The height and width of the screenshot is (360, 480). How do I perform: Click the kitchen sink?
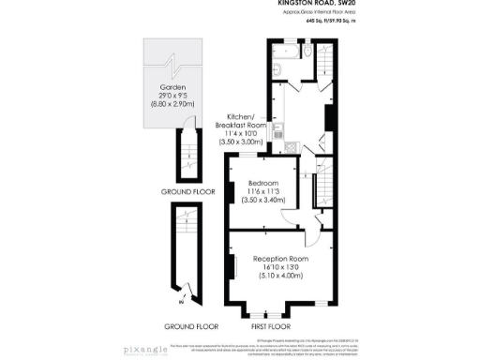(278, 134)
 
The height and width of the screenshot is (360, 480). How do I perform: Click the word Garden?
(172, 87)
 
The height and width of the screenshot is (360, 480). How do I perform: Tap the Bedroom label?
(263, 182)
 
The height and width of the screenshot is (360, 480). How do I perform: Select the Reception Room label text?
(280, 258)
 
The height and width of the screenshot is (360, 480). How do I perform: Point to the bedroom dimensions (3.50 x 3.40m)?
(263, 200)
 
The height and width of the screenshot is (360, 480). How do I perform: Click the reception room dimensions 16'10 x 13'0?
(280, 267)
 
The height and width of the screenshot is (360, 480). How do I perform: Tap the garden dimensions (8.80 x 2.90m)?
(172, 104)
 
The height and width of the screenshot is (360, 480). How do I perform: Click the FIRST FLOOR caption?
(280, 326)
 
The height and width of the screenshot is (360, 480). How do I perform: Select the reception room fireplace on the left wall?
(232, 267)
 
